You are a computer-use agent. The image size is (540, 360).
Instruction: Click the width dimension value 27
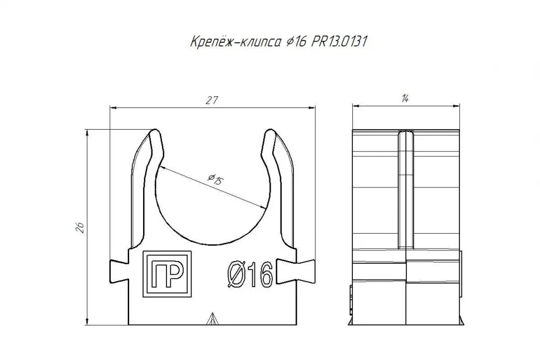[212, 100]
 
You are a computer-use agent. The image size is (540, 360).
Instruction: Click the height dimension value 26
[80, 228]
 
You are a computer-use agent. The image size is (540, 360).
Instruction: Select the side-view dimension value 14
[405, 99]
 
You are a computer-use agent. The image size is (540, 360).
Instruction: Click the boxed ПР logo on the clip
[168, 274]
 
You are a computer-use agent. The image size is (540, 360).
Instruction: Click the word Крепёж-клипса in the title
[235, 42]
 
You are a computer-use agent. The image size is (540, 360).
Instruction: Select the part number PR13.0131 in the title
[339, 42]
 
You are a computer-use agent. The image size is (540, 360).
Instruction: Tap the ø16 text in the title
[296, 42]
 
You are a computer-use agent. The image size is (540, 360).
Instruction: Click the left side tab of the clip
[119, 270]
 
